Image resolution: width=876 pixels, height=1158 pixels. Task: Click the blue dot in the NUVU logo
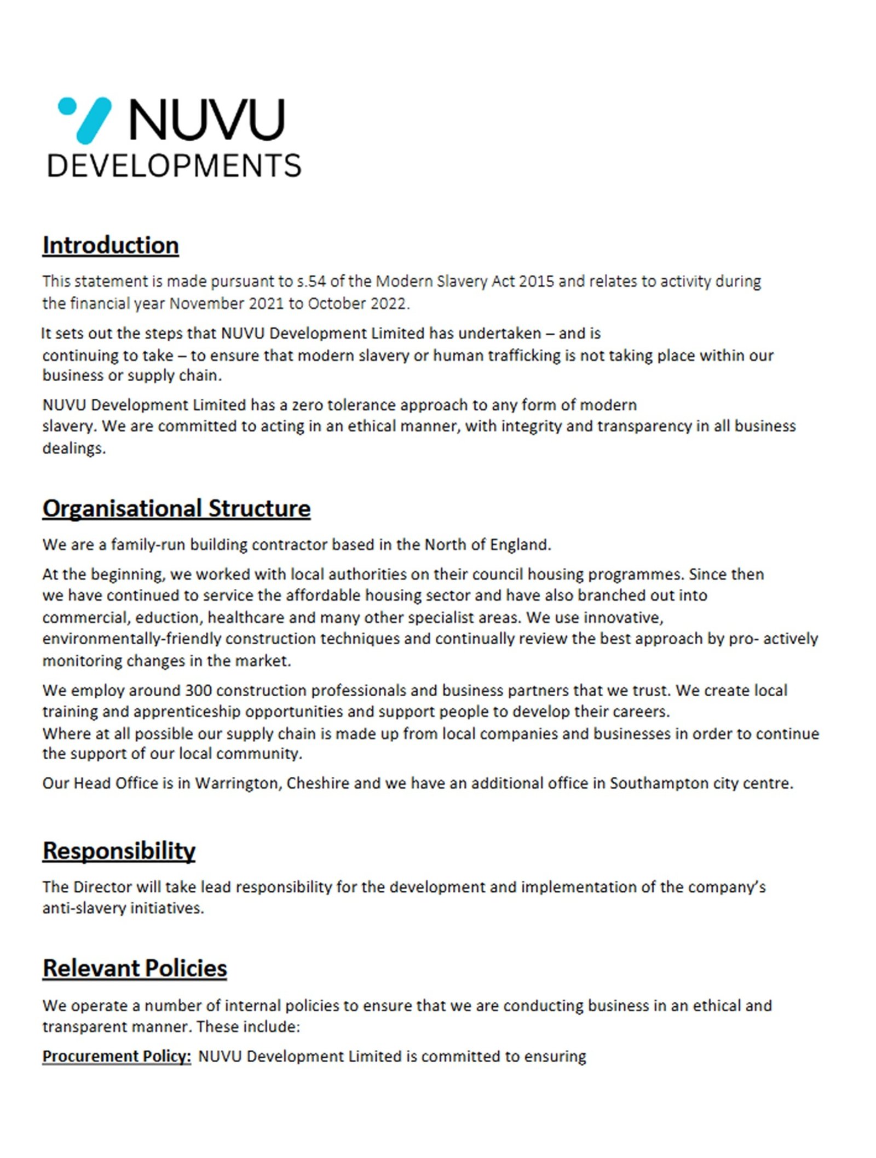pyautogui.click(x=67, y=106)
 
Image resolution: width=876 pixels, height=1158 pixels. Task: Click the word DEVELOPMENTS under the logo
pyautogui.click(x=174, y=166)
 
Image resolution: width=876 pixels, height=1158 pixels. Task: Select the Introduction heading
pyautogui.click(x=111, y=245)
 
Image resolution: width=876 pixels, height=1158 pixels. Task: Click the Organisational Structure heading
pyautogui.click(x=176, y=508)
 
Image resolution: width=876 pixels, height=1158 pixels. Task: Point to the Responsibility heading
pyautogui.click(x=119, y=851)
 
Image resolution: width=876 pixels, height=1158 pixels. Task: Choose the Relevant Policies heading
pyautogui.click(x=135, y=968)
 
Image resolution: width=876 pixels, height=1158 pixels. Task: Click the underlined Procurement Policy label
pyautogui.click(x=117, y=1056)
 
